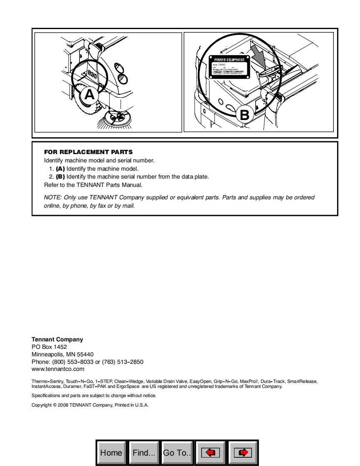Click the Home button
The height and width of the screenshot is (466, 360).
[x=111, y=453]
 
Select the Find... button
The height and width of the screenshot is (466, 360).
[x=144, y=453]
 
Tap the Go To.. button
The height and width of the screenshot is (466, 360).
[x=177, y=453]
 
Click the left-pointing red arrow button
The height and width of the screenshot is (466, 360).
[x=210, y=453]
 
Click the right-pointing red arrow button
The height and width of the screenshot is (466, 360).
[x=243, y=453]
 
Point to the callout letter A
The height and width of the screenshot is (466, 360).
[x=90, y=95]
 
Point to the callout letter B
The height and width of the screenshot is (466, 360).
[x=245, y=115]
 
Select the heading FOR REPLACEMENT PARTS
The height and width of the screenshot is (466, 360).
[x=89, y=152]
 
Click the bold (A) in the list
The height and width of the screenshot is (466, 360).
[x=60, y=169]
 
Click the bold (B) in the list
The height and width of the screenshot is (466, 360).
[x=60, y=177]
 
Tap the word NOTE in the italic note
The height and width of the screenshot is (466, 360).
[x=52, y=197]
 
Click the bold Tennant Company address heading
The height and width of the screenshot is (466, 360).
[x=57, y=339]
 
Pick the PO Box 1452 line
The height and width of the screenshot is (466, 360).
[x=49, y=347]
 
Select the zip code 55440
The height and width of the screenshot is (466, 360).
[x=85, y=354]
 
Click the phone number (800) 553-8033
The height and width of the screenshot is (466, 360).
[x=73, y=362]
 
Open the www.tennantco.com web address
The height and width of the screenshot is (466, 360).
[x=58, y=369]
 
